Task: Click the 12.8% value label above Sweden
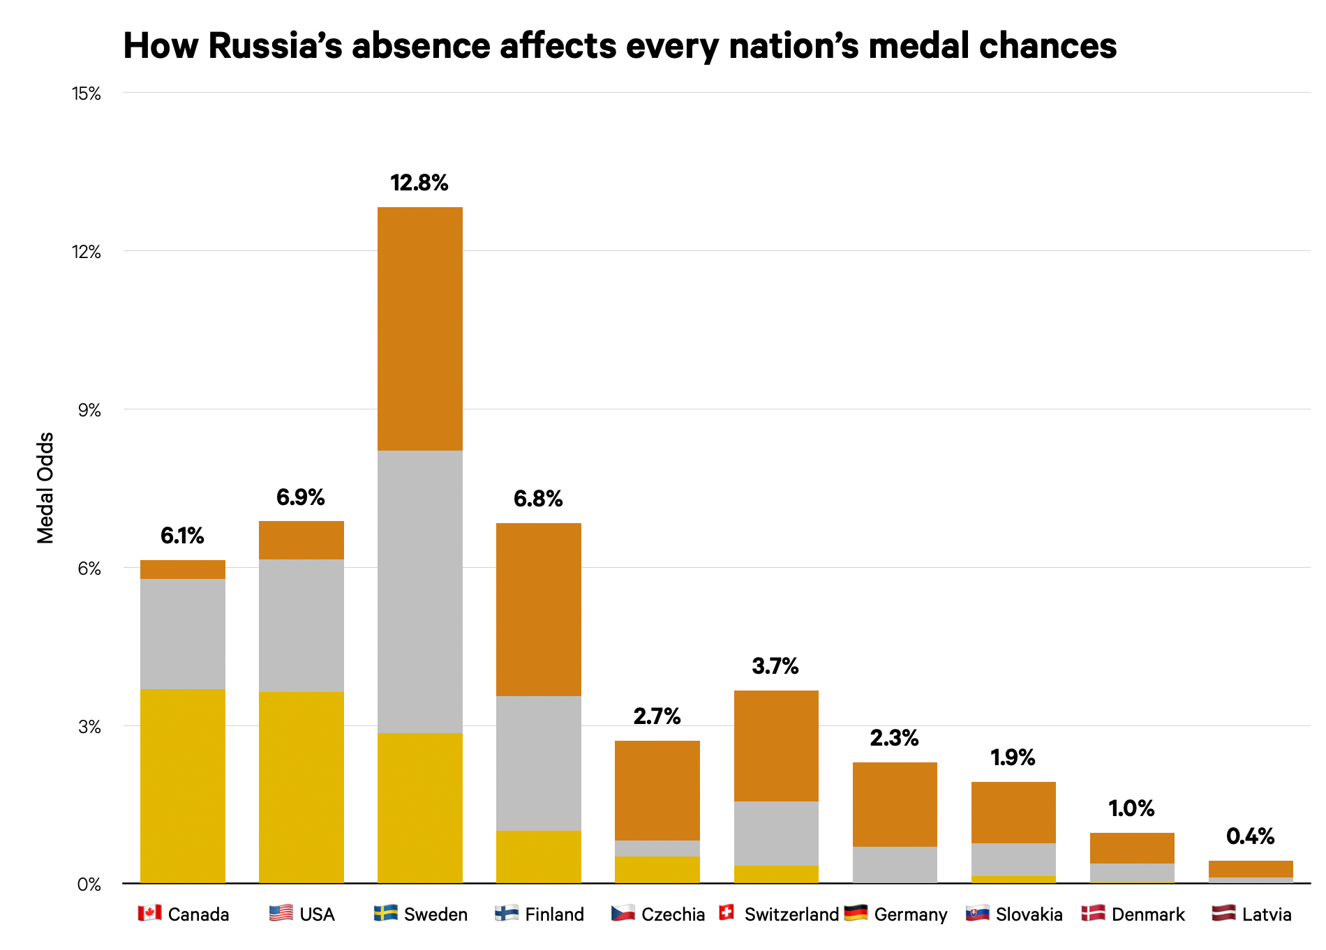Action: [x=419, y=183]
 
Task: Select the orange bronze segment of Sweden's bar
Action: [x=419, y=329]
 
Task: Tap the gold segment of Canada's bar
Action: [x=183, y=786]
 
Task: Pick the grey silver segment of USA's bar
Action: [x=301, y=625]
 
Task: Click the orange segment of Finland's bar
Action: [x=538, y=609]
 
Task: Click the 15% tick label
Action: [x=87, y=93]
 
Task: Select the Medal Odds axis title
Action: [x=45, y=488]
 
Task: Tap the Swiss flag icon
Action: [x=727, y=912]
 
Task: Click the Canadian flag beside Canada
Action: [x=149, y=913]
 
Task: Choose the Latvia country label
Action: [x=1266, y=914]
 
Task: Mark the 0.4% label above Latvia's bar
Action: [x=1250, y=836]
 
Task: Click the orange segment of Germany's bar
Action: [x=895, y=804]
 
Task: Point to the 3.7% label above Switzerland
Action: [x=775, y=666]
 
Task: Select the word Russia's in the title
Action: [x=275, y=46]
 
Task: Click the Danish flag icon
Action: [x=1092, y=913]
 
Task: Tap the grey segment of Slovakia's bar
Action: [x=1013, y=859]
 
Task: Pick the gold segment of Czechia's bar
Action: [x=657, y=869]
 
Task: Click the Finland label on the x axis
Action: [x=554, y=914]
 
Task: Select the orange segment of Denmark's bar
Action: [x=1132, y=847]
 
